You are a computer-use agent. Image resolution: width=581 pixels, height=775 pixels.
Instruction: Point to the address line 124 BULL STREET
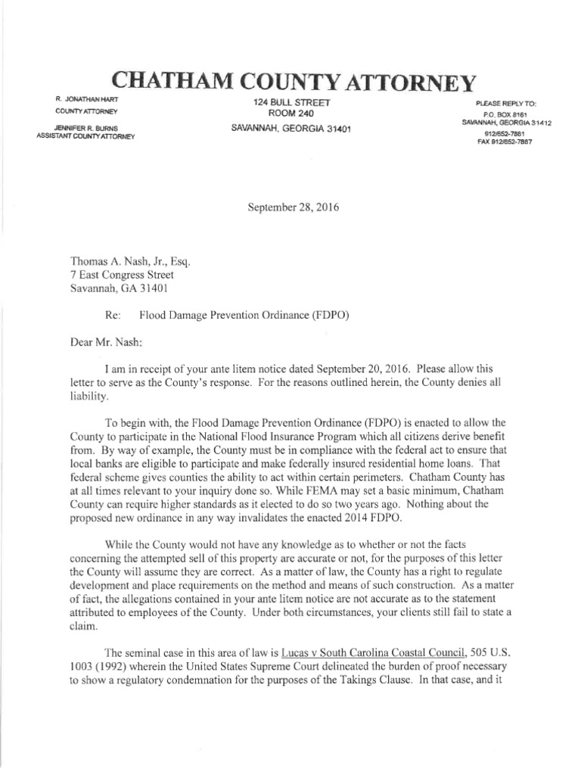coord(290,101)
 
